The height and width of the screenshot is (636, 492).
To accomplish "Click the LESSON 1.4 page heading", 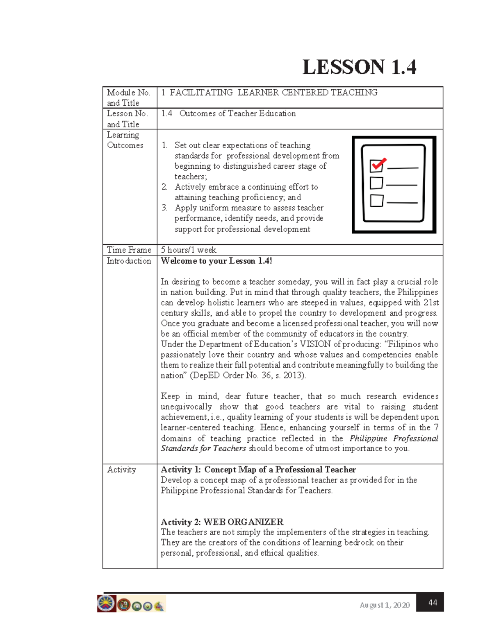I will pyautogui.click(x=359, y=68).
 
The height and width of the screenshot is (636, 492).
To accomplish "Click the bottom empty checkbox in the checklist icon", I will pyautogui.click(x=376, y=201).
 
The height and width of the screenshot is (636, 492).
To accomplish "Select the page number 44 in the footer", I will pyautogui.click(x=433, y=602).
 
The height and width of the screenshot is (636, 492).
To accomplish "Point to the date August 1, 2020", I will pyautogui.click(x=385, y=605).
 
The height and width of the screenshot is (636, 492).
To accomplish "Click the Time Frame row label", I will pyautogui.click(x=129, y=250).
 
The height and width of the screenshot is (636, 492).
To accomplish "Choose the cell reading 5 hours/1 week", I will pyautogui.click(x=189, y=250).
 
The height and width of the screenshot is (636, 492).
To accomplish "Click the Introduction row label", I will pyautogui.click(x=129, y=261).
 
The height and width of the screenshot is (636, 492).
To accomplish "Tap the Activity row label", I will pyautogui.click(x=121, y=470).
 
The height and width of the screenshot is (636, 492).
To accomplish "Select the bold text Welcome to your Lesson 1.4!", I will pyautogui.click(x=216, y=261).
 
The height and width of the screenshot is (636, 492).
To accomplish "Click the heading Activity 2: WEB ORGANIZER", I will pyautogui.click(x=222, y=522).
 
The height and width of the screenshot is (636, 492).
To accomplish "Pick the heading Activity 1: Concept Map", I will pyautogui.click(x=258, y=470).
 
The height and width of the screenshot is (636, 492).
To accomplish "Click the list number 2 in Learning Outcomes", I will pyautogui.click(x=164, y=187).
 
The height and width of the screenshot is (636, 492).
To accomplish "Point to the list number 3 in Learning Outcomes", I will pyautogui.click(x=164, y=208).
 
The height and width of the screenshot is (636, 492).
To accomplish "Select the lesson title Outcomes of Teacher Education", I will pyautogui.click(x=237, y=113).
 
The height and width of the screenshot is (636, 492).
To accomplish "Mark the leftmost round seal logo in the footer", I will pyautogui.click(x=106, y=604).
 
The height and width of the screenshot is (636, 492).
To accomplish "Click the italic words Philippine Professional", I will pyautogui.click(x=394, y=439).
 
